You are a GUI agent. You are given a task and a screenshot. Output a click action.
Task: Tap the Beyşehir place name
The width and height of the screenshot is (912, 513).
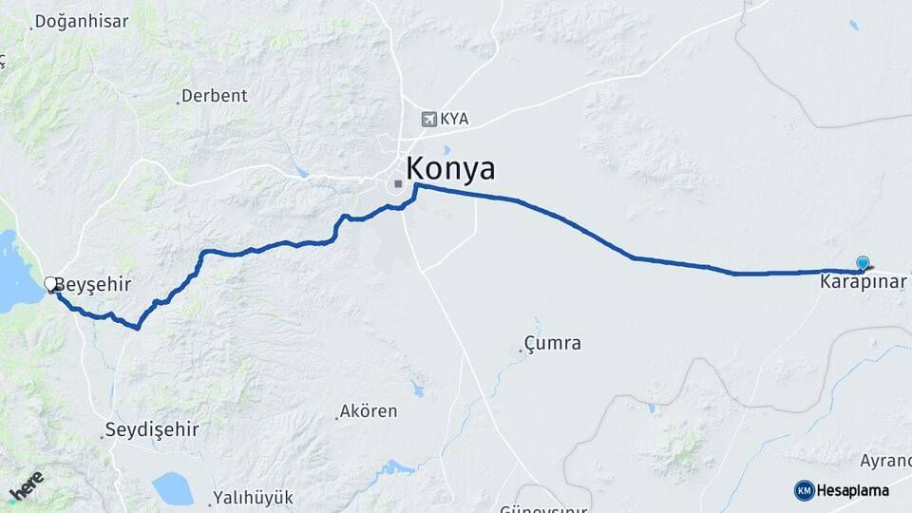point(92,284)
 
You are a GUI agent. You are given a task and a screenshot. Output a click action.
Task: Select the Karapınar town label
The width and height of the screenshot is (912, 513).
point(863,282)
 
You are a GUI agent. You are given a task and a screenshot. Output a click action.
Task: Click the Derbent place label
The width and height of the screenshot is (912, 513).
point(214,96)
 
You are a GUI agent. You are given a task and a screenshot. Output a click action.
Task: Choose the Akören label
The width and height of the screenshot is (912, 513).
point(370,411)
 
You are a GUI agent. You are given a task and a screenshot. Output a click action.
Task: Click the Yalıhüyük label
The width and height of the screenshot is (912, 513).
point(254,497)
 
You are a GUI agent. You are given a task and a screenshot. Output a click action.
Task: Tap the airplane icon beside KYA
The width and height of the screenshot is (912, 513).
point(429,120)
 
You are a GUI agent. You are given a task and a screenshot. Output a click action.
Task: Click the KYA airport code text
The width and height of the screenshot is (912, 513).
point(454,120)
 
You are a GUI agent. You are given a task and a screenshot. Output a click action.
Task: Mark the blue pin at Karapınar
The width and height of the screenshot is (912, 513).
point(863,264)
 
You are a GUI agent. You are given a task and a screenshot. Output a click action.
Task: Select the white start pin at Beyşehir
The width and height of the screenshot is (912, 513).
point(50,283)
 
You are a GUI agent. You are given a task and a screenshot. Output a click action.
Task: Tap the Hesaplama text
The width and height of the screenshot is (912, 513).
point(853,490)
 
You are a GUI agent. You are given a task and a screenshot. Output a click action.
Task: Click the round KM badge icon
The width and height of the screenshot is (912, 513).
point(805,490)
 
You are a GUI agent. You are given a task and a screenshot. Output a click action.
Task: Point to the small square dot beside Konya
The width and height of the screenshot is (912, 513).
point(398,183)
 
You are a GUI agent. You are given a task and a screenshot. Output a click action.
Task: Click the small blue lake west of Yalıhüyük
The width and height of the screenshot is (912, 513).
point(172,488)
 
